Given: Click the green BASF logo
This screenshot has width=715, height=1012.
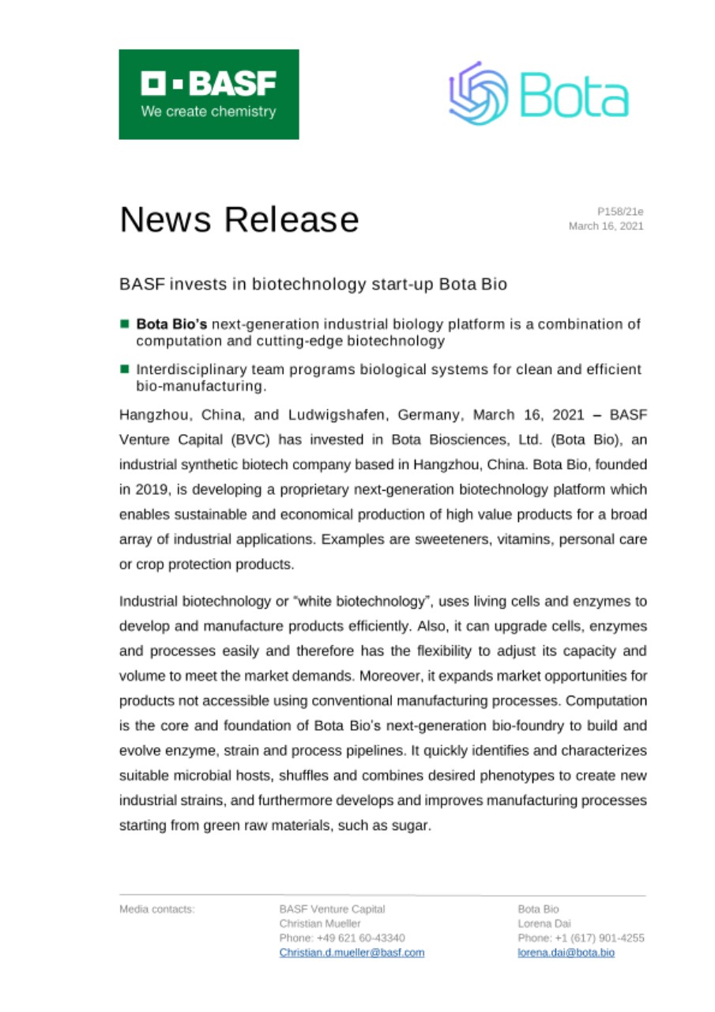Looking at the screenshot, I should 209,95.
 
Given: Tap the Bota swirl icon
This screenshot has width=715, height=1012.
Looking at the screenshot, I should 478,94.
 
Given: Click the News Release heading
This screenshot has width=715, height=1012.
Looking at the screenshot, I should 239,219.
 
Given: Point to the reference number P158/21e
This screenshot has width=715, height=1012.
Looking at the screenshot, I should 620,211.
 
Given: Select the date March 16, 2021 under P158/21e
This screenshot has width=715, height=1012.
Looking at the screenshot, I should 606,226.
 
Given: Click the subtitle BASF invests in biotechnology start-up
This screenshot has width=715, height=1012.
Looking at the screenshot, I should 313,284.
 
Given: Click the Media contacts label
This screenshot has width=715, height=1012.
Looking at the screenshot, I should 156,910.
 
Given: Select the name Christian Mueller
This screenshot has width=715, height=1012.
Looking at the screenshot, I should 320,924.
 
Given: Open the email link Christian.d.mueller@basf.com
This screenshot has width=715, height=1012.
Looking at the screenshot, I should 352,953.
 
